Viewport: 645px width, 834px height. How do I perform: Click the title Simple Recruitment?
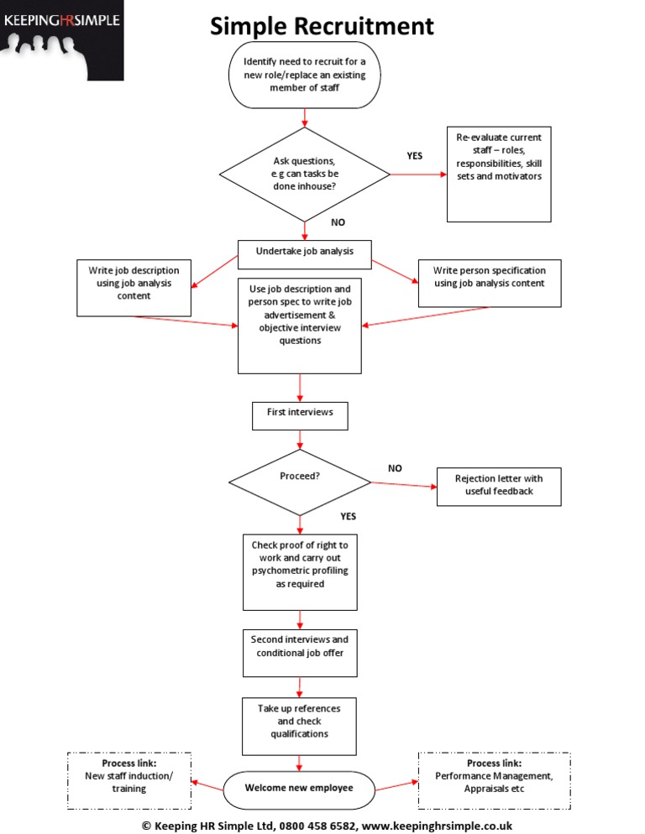pyautogui.click(x=322, y=26)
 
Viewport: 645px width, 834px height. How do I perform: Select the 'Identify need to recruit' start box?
pyautogui.click(x=304, y=75)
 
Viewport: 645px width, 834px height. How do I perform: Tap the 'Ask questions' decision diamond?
pyautogui.click(x=304, y=174)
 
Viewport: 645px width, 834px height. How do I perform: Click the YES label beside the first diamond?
pyautogui.click(x=415, y=155)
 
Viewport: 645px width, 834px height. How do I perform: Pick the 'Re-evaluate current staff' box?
pyautogui.click(x=499, y=175)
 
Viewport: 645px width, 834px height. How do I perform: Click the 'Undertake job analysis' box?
pyautogui.click(x=304, y=251)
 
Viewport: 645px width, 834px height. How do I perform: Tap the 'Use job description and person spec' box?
pyautogui.click(x=300, y=326)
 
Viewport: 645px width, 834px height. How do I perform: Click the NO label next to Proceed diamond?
pyautogui.click(x=395, y=468)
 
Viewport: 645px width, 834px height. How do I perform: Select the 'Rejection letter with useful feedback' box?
pyautogui.click(x=499, y=486)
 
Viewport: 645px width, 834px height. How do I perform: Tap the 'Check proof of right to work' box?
pyautogui.click(x=300, y=571)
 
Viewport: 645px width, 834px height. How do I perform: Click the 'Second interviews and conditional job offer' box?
pyautogui.click(x=300, y=652)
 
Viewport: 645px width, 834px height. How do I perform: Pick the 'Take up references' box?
pyautogui.click(x=300, y=725)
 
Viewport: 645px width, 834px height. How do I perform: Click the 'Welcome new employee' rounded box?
pyautogui.click(x=299, y=789)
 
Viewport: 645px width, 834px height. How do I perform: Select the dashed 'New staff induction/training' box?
pyautogui.click(x=129, y=781)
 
